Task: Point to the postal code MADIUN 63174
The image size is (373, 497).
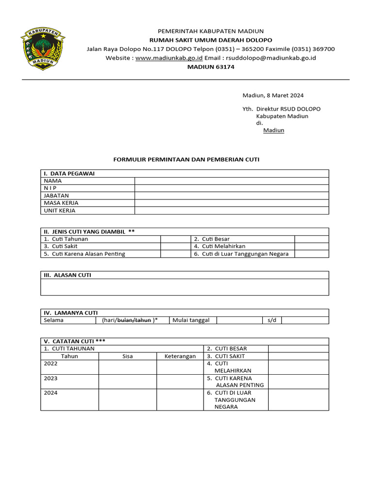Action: click(211, 67)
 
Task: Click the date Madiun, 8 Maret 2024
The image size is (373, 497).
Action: click(273, 96)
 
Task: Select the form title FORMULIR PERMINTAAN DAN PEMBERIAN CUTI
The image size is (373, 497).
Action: click(186, 159)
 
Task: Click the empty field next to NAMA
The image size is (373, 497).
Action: click(232, 181)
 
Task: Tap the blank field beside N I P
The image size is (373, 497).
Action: click(232, 188)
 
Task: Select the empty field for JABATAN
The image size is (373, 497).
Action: click(232, 196)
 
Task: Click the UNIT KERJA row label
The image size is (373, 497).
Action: click(60, 211)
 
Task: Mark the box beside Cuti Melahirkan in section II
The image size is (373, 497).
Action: click(311, 246)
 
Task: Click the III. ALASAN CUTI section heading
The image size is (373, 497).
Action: click(68, 275)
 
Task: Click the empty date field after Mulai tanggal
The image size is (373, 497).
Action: click(239, 320)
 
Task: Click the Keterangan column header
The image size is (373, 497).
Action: click(180, 356)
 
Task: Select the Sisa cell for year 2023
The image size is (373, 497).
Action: click(127, 381)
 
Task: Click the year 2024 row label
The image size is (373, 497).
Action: click(51, 393)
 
